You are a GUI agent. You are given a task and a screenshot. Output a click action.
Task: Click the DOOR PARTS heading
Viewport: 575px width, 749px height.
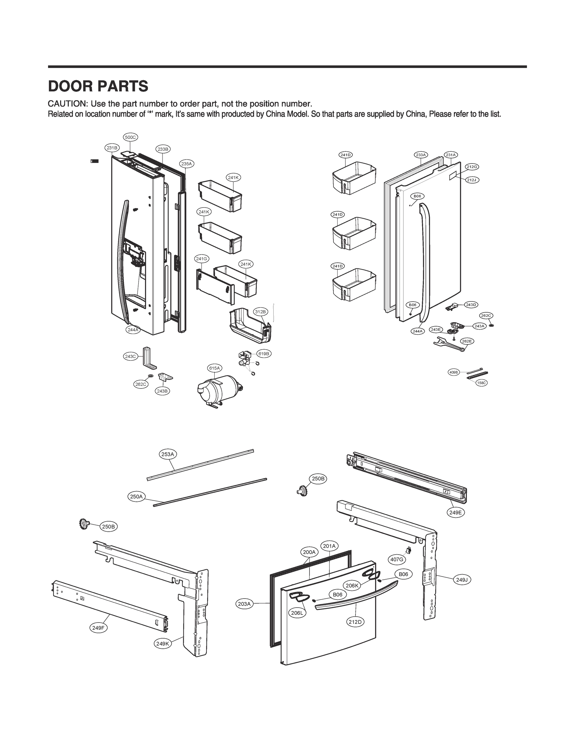click(x=98, y=86)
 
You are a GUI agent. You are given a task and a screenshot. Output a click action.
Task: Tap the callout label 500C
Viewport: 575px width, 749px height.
click(x=130, y=137)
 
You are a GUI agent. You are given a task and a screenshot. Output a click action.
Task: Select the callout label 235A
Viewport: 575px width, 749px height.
click(x=187, y=164)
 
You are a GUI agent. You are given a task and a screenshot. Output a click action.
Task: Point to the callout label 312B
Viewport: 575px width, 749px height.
click(x=260, y=311)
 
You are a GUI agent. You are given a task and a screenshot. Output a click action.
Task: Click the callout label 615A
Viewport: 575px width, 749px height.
click(x=215, y=368)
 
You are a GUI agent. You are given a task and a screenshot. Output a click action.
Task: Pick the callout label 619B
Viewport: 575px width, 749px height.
click(x=264, y=354)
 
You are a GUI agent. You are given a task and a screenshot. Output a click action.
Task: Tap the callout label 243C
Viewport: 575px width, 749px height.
click(x=130, y=356)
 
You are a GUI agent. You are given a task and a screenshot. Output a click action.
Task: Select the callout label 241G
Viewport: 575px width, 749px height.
click(x=202, y=259)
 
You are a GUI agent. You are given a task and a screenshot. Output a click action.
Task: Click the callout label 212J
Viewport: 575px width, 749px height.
click(x=472, y=180)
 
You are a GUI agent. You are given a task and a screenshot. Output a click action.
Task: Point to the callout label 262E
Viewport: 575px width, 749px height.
click(x=466, y=341)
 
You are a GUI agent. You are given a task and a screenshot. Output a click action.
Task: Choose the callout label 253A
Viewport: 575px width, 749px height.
click(x=168, y=454)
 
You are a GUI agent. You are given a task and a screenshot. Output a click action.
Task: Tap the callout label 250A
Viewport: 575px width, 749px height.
click(x=136, y=496)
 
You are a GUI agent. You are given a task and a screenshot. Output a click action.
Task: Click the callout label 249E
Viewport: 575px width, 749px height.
click(x=456, y=512)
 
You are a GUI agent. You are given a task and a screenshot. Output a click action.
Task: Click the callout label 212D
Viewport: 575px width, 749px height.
click(x=355, y=622)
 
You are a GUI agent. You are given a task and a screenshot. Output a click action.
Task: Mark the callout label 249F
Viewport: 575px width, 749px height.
click(x=98, y=628)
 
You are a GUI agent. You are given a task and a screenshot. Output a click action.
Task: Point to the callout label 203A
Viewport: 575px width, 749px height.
click(x=244, y=604)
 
